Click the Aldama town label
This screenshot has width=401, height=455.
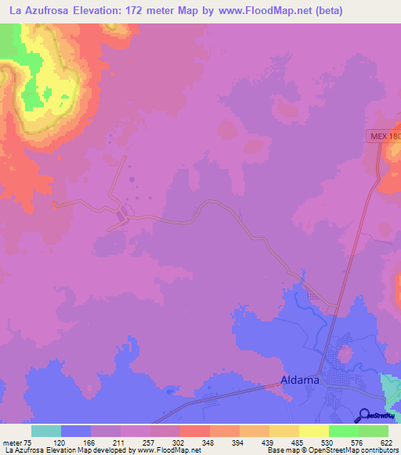pos(301,381)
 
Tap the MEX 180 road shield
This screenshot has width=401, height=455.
pos(384,136)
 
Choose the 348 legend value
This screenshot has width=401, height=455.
pos(207,442)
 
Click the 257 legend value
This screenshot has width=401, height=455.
pos(147,442)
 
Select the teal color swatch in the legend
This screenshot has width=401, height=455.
pos(46,431)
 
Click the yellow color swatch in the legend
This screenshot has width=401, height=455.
pos(314,431)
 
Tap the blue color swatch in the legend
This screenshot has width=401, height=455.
pos(76,431)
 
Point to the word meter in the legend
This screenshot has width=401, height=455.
pos(13,442)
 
